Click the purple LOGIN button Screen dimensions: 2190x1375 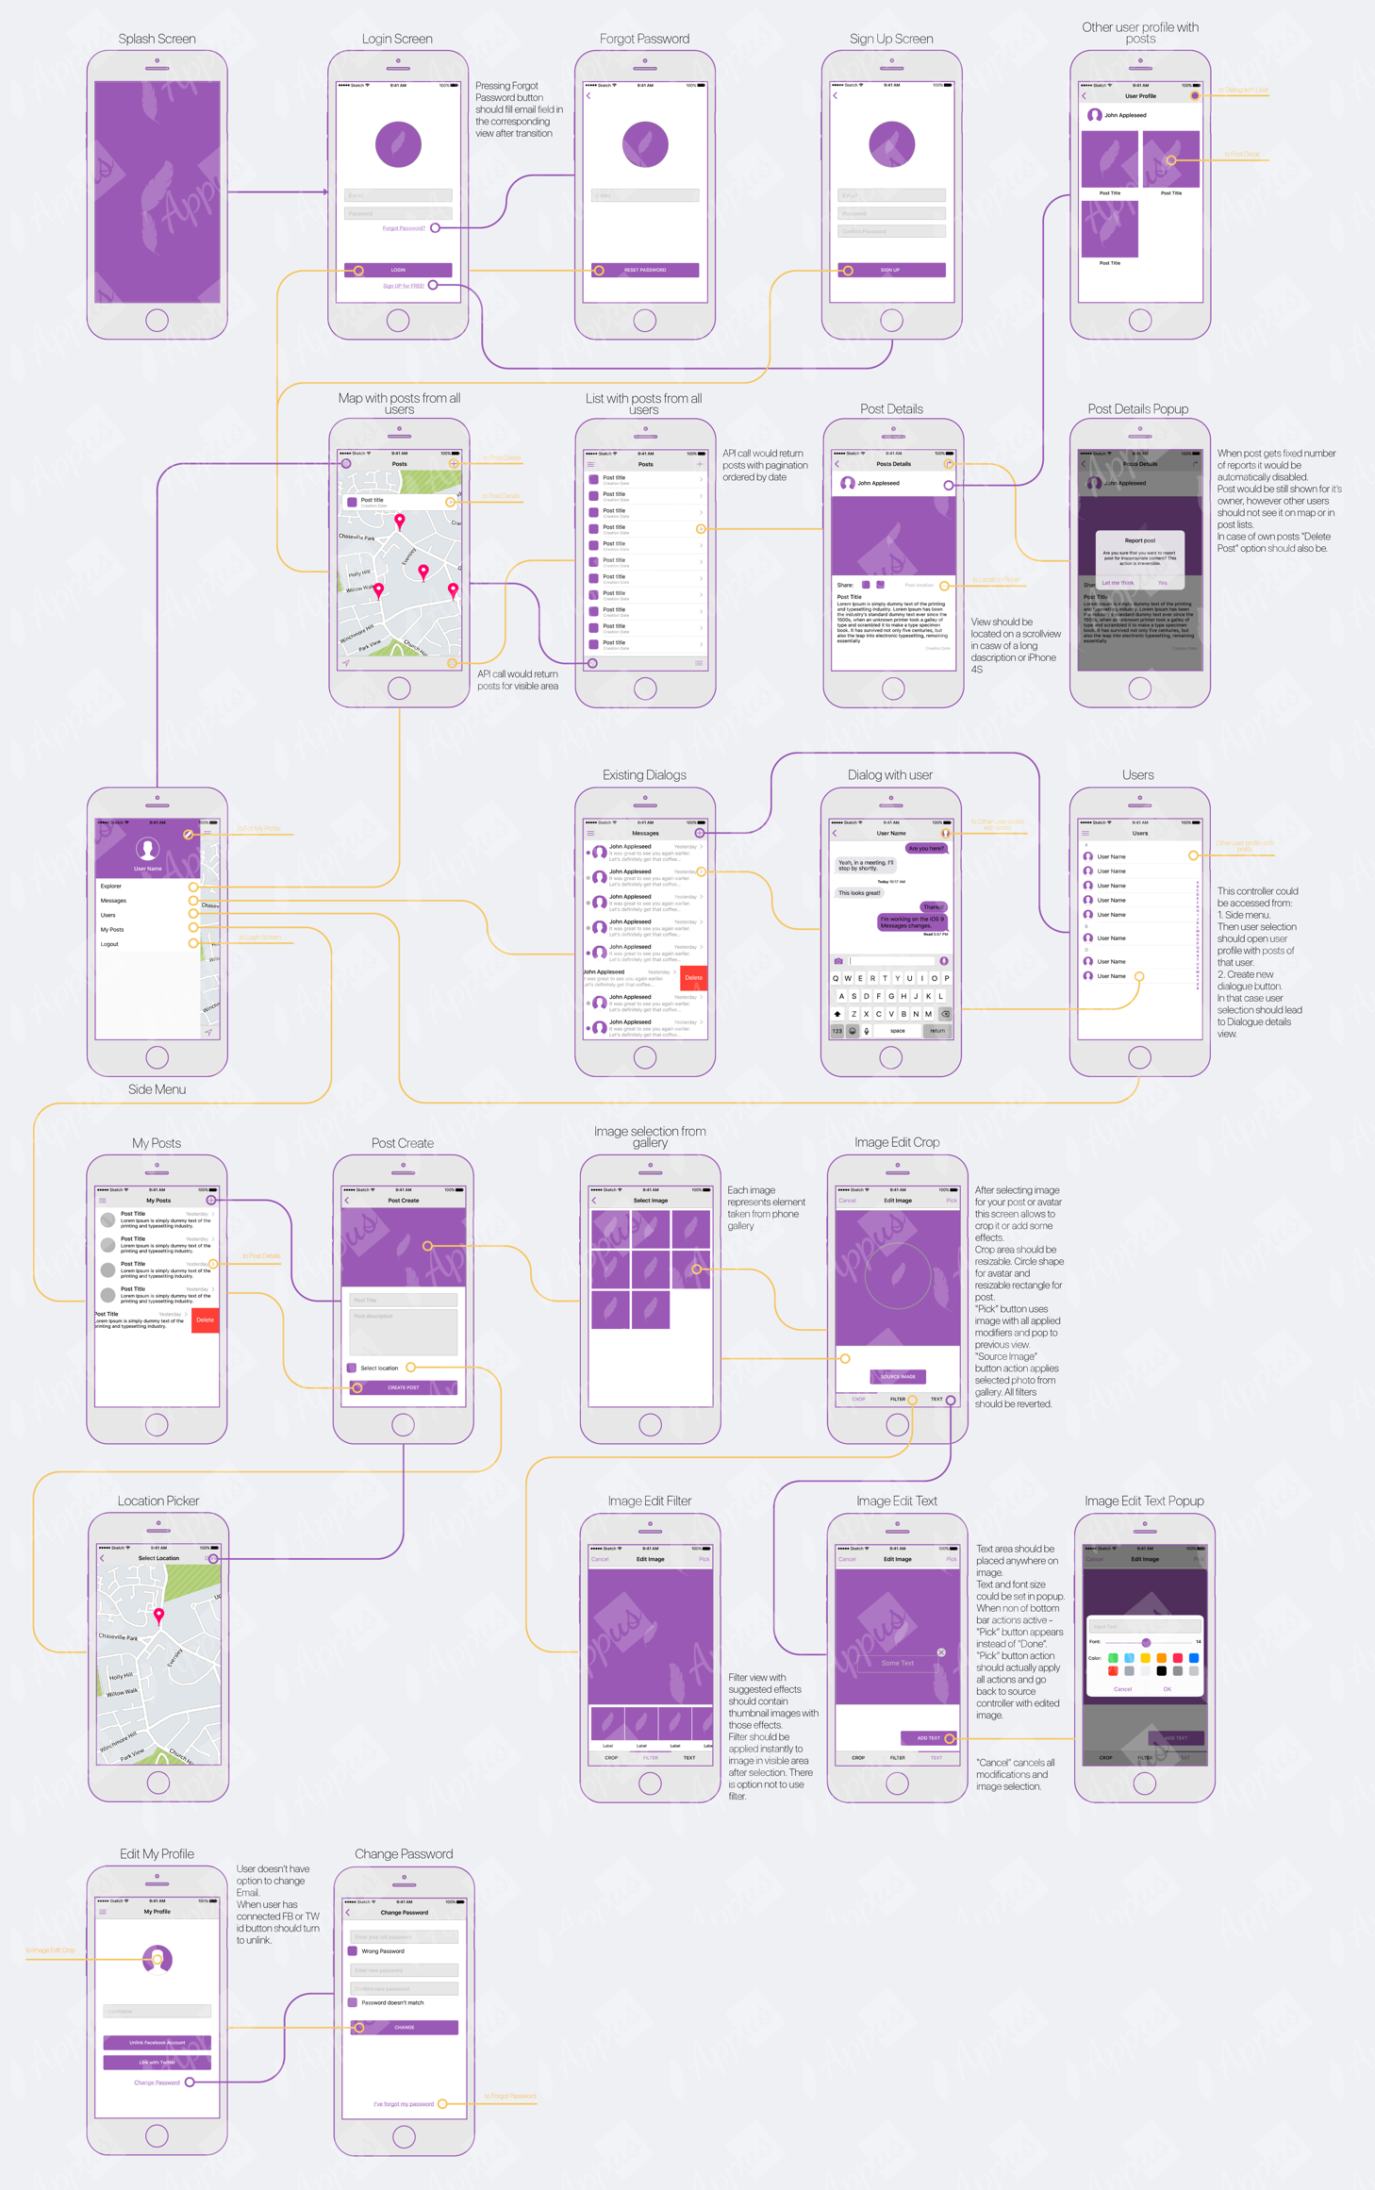pos(398,270)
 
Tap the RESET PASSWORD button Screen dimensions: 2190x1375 pos(645,270)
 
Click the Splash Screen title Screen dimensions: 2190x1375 pos(157,39)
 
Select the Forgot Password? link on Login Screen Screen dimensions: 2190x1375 pos(404,228)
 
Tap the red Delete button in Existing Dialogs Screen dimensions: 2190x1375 pos(693,978)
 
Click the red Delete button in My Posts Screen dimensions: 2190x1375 pos(205,1320)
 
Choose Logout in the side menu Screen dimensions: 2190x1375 pos(110,944)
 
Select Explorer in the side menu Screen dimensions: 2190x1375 pos(111,886)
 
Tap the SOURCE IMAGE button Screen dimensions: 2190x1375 pos(897,1376)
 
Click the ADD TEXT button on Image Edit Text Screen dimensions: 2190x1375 pos(928,1737)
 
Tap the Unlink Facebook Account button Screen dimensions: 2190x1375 pos(157,2042)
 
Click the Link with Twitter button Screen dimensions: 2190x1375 pos(157,2062)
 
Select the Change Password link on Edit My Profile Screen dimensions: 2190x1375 pos(157,2082)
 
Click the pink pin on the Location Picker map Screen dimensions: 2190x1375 pos(158,1615)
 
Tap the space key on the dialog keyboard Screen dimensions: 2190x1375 pos(897,1031)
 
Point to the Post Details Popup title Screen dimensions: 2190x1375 pos(1137,408)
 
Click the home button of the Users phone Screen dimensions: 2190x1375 pos(1139,1057)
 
